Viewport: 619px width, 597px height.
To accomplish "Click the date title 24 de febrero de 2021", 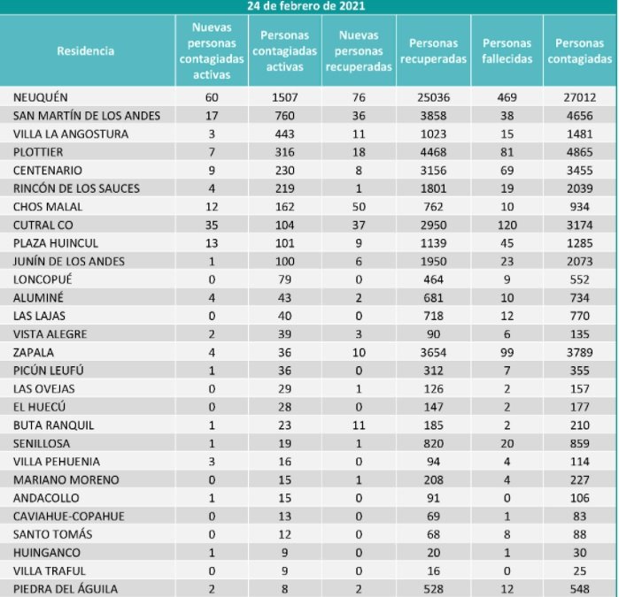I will coord(308,5).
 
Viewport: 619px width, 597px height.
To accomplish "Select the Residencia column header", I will coord(86,51).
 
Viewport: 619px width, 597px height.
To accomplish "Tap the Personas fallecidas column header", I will coord(507,51).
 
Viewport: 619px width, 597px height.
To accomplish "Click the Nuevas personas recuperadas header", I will coord(357,51).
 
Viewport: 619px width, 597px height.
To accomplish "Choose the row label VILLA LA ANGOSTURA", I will coord(72,134).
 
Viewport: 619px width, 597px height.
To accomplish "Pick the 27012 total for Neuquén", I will coord(580,96).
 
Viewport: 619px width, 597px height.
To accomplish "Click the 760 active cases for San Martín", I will coord(284,115).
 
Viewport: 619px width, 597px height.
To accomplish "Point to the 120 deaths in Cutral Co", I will coord(507,225).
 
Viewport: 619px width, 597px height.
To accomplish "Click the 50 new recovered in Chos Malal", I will coord(357,206).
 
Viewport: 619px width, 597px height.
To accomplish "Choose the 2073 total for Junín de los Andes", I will coord(580,261).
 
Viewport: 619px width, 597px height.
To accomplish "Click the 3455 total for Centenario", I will coord(580,170).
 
